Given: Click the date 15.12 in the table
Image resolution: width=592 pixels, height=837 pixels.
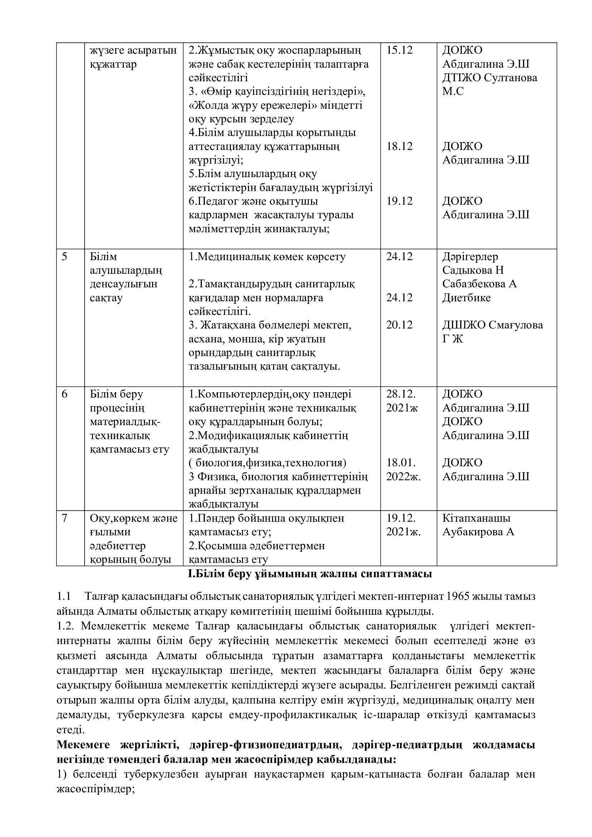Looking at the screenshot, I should (399, 50).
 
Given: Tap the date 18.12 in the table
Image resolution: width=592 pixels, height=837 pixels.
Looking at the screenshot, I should (399, 147).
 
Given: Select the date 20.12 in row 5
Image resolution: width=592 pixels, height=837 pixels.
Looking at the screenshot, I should (399, 325).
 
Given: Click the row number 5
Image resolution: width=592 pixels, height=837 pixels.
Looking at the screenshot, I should (64, 257).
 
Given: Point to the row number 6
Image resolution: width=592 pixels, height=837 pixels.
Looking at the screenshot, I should (64, 394).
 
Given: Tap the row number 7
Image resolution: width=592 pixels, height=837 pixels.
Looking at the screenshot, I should (64, 518).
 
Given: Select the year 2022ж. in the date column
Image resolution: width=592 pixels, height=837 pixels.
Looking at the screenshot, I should (403, 477).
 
